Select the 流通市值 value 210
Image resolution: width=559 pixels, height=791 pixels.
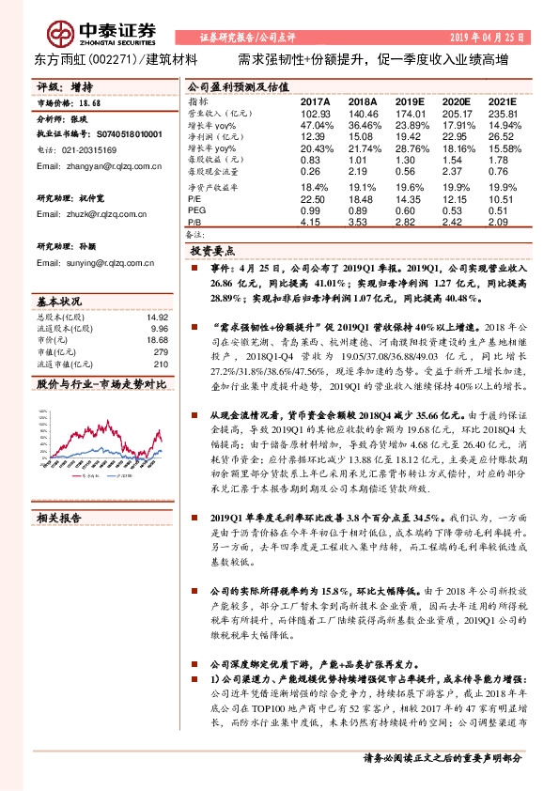161,364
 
